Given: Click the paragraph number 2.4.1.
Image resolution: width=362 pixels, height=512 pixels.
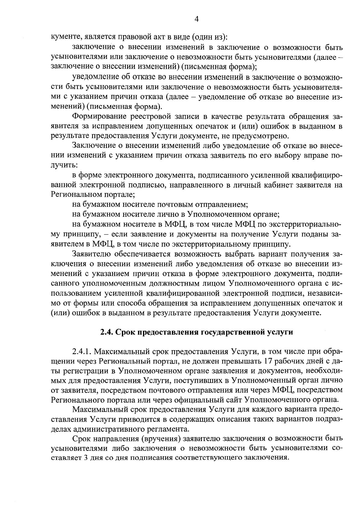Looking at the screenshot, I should (82, 352).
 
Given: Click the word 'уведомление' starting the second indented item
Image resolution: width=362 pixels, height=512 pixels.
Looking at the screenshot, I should (95, 77).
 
